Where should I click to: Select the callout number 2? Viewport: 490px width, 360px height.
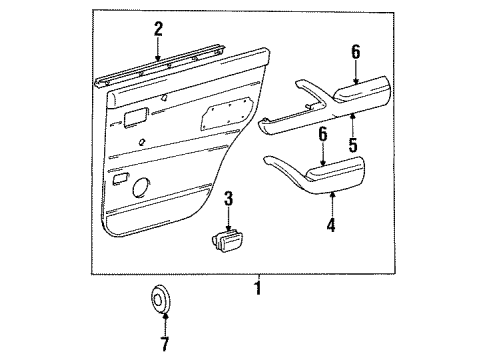(158, 30)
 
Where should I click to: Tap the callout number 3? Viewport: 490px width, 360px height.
(228, 199)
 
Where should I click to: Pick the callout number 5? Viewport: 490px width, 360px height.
(353, 144)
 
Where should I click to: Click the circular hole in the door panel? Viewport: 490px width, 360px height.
(140, 188)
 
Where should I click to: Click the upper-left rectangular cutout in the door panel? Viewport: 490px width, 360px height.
(132, 120)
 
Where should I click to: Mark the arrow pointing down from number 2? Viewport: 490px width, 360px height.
(158, 52)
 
